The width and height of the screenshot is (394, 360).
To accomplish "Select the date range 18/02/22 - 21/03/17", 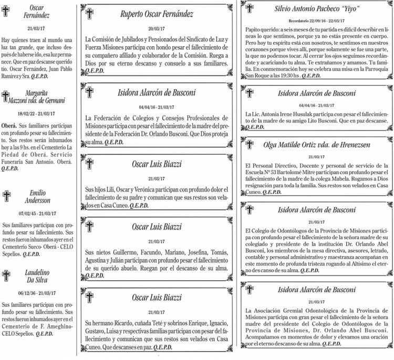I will pyautogui.click(x=35, y=113).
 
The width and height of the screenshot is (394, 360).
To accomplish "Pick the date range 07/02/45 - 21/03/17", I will pyautogui.click(x=35, y=214).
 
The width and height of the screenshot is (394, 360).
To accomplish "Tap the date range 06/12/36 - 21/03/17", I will pyautogui.click(x=35, y=294).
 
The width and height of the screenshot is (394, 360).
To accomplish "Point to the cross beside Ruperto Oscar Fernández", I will pyautogui.click(x=89, y=14).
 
